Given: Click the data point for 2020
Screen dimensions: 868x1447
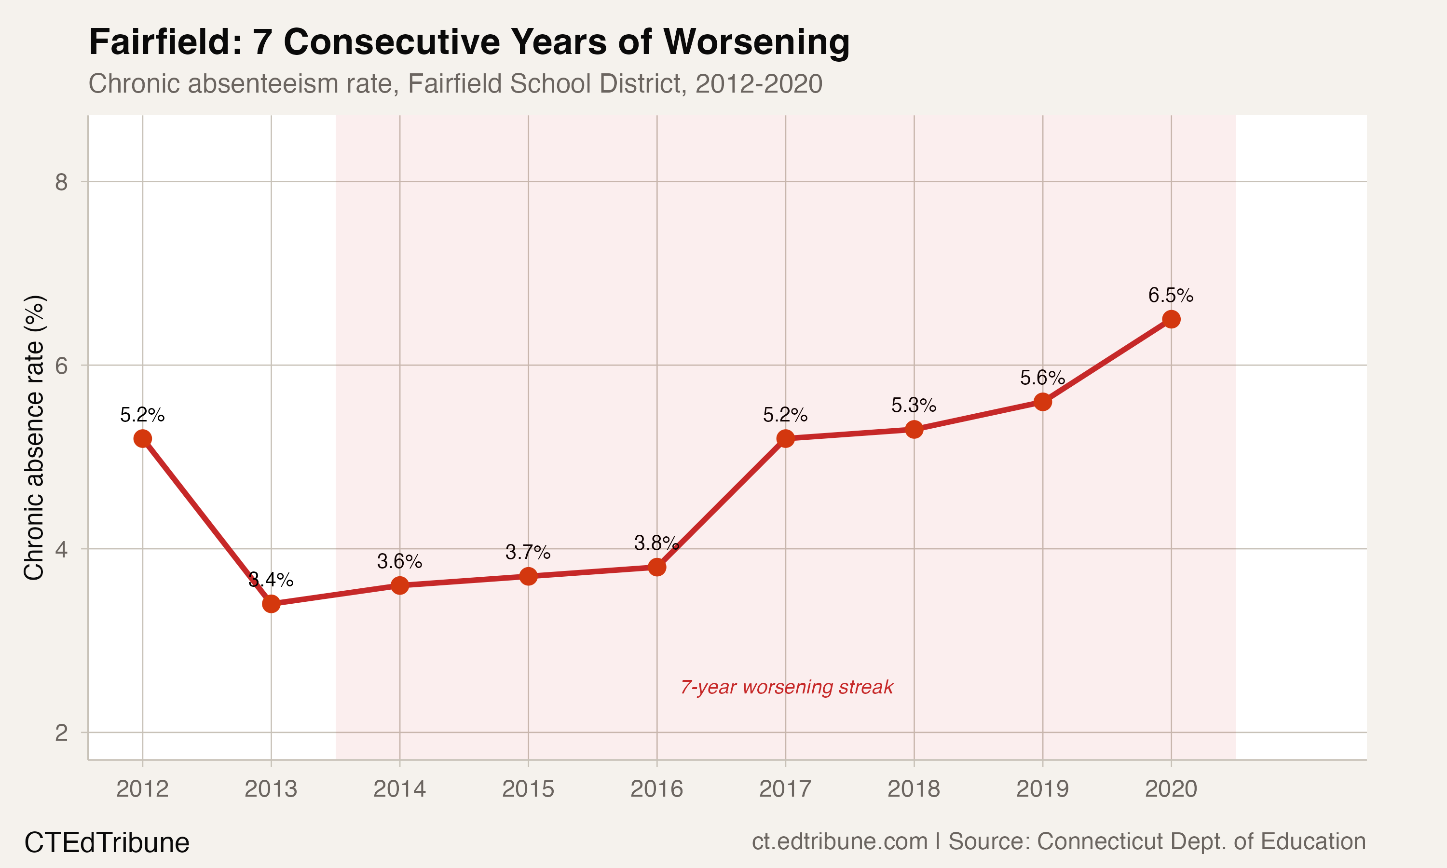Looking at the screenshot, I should [x=1171, y=319].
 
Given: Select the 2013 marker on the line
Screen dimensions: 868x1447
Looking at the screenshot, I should [x=271, y=604].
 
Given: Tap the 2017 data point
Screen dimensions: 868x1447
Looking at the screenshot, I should [x=786, y=439].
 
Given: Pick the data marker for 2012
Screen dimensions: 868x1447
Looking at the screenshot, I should [x=143, y=439].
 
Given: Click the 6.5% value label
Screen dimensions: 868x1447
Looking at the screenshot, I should [x=1171, y=296].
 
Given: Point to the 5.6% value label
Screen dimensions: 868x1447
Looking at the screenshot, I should [x=1042, y=378].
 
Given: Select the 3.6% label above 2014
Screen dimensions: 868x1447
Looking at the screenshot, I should [x=399, y=561].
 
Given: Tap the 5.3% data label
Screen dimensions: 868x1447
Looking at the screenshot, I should [x=914, y=405].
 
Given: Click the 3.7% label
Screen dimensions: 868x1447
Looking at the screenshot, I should [x=528, y=552].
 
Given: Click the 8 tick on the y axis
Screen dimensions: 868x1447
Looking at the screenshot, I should [x=61, y=182].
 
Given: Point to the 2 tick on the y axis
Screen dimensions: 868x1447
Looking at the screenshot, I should [x=61, y=732].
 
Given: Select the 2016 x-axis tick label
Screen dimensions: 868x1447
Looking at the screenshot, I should [x=657, y=789].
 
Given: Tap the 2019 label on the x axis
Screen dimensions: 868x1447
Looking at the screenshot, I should [x=1042, y=789].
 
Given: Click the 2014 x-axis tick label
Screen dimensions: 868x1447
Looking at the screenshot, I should [x=399, y=789].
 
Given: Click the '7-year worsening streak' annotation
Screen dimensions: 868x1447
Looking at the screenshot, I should [x=787, y=687].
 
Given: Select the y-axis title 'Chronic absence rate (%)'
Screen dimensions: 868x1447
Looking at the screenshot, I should [x=34, y=437].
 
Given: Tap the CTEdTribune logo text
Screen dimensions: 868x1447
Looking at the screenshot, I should [x=107, y=843].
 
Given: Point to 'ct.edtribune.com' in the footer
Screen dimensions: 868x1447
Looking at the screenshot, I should [x=839, y=841].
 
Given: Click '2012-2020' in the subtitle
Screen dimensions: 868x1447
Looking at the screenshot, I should [x=759, y=83].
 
